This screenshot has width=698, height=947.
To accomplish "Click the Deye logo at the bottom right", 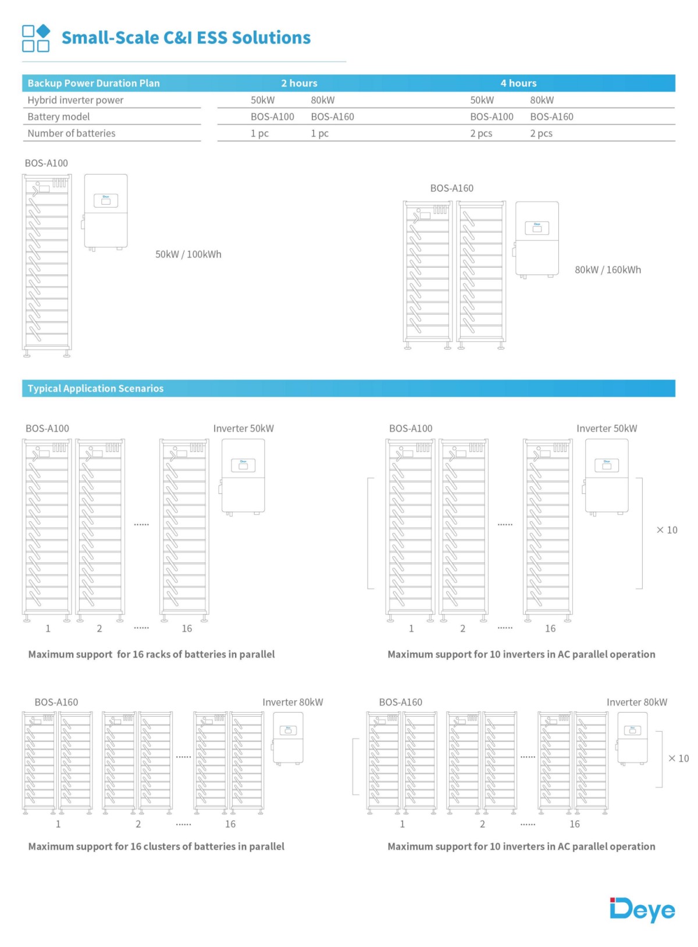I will tap(642, 910).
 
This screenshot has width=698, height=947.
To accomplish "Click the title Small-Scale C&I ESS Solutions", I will tap(186, 38).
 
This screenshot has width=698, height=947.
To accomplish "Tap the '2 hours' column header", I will tap(299, 83).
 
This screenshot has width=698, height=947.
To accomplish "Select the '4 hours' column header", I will tap(518, 83).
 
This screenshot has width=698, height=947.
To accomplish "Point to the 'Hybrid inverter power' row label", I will tap(76, 100).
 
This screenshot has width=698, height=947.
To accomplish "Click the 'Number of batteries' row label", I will tap(72, 133).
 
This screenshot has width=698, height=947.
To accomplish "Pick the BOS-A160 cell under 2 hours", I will tap(332, 117).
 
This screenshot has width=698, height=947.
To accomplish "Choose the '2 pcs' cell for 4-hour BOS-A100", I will tap(481, 133).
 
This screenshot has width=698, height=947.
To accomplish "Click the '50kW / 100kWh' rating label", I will tap(188, 254).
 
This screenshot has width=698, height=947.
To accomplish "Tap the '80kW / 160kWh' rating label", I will tap(608, 270).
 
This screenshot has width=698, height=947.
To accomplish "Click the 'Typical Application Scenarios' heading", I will tap(95, 389).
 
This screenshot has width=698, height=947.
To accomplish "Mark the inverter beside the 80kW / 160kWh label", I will tap(536, 239).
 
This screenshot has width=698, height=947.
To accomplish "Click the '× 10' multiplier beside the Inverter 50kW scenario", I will tap(667, 530).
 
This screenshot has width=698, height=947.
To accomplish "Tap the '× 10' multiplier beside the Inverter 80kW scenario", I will tap(678, 759).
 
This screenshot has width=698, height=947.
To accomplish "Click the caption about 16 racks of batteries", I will tap(151, 654).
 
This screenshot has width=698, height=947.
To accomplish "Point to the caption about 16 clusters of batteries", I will tap(156, 846).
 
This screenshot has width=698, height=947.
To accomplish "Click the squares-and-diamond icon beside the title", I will tap(35, 38).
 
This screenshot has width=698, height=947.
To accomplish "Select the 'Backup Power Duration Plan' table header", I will tap(94, 83).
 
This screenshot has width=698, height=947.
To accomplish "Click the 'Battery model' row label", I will tap(59, 117).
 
